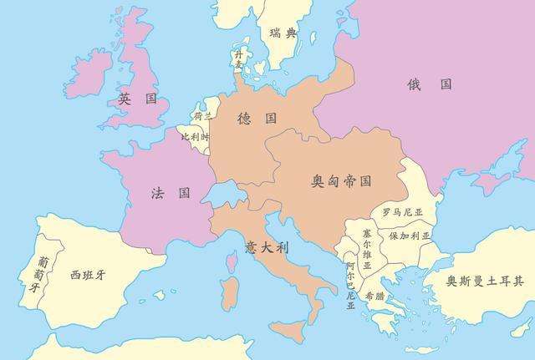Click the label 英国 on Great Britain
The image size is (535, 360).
[x=138, y=99]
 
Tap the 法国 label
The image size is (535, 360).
[x=170, y=193]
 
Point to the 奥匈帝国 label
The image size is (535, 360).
[x=341, y=180]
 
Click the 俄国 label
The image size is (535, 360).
[x=430, y=84]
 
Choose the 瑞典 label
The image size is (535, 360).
[x=283, y=33]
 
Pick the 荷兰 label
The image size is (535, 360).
[x=203, y=116]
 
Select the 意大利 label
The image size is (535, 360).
[x=267, y=248]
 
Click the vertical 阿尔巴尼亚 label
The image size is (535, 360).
[x=350, y=285]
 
